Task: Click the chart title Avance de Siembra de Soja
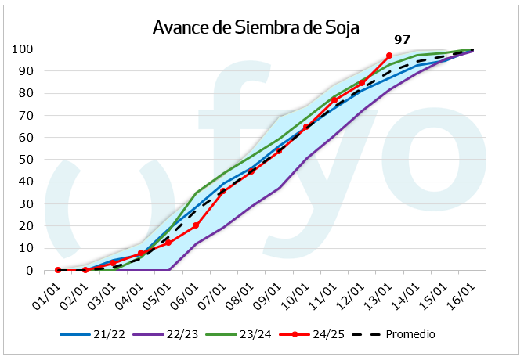pyautogui.click(x=255, y=28)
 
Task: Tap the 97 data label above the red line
pyautogui.click(x=402, y=39)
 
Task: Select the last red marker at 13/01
pyautogui.click(x=389, y=56)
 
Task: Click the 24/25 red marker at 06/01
pyautogui.click(x=196, y=225)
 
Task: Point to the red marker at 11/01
pyautogui.click(x=334, y=100)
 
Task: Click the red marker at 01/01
pyautogui.click(x=58, y=270)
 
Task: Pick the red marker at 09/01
pyautogui.click(x=278, y=151)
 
